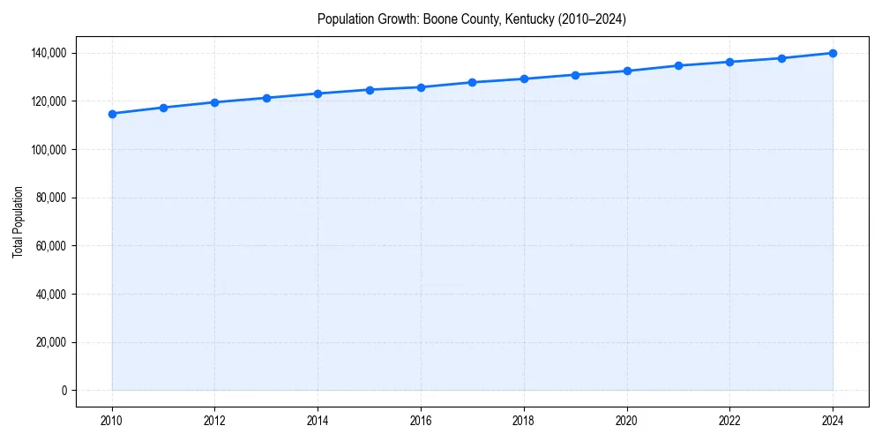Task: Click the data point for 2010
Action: point(112,114)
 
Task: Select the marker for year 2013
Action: point(266,98)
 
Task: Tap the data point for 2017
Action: point(473,82)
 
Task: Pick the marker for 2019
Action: point(575,75)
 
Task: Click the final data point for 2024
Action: point(833,53)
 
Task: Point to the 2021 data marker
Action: point(678,65)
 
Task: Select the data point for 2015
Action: point(370,90)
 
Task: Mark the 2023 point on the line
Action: point(781,58)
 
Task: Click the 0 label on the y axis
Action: point(63,391)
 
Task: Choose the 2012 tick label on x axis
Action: point(214,420)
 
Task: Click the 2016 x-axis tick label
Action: point(421,420)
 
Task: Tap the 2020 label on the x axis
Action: point(627,420)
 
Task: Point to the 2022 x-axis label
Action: point(729,420)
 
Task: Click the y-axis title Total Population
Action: point(18,221)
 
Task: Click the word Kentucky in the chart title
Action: point(528,19)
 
